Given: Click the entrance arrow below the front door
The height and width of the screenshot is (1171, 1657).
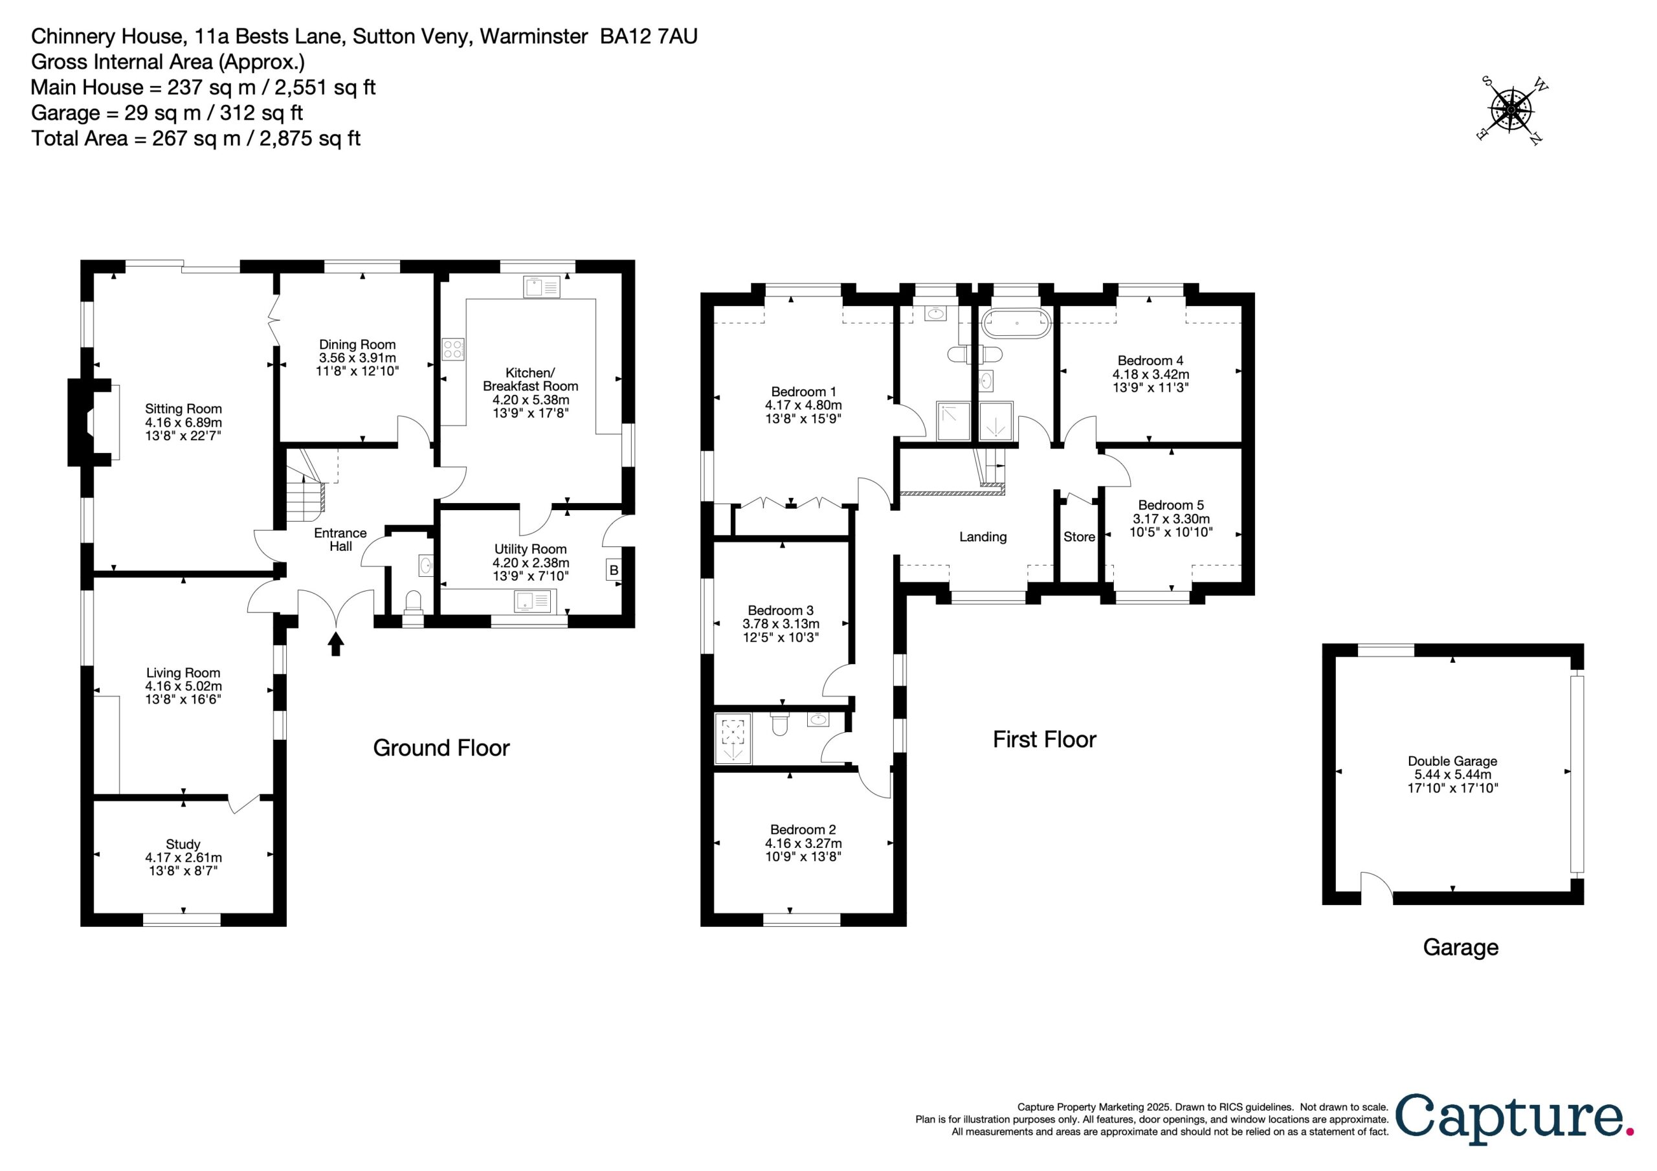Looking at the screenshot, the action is pyautogui.click(x=335, y=643).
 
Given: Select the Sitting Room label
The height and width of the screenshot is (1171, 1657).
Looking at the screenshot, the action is pyautogui.click(x=183, y=409).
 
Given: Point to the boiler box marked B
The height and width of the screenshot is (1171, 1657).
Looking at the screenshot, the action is pyautogui.click(x=614, y=570).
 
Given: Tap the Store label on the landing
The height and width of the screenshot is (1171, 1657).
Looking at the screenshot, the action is pyautogui.click(x=1079, y=537).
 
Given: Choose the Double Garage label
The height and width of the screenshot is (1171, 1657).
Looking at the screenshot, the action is pyautogui.click(x=1452, y=761).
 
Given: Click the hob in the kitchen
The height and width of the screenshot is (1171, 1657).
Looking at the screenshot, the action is pyautogui.click(x=453, y=350).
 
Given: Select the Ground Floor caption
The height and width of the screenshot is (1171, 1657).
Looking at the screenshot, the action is pyautogui.click(x=441, y=748).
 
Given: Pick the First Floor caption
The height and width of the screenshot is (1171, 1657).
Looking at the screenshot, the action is pyautogui.click(x=1044, y=739).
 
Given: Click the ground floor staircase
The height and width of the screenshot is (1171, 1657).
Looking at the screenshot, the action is pyautogui.click(x=306, y=482).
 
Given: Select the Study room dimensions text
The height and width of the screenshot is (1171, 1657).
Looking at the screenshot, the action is pyautogui.click(x=183, y=865).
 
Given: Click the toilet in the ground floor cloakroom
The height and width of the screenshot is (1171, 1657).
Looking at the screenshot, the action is pyautogui.click(x=414, y=603).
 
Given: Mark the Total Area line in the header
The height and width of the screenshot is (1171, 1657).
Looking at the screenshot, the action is pyautogui.click(x=195, y=138).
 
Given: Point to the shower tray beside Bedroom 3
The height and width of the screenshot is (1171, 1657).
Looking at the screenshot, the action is pyautogui.click(x=733, y=738).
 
